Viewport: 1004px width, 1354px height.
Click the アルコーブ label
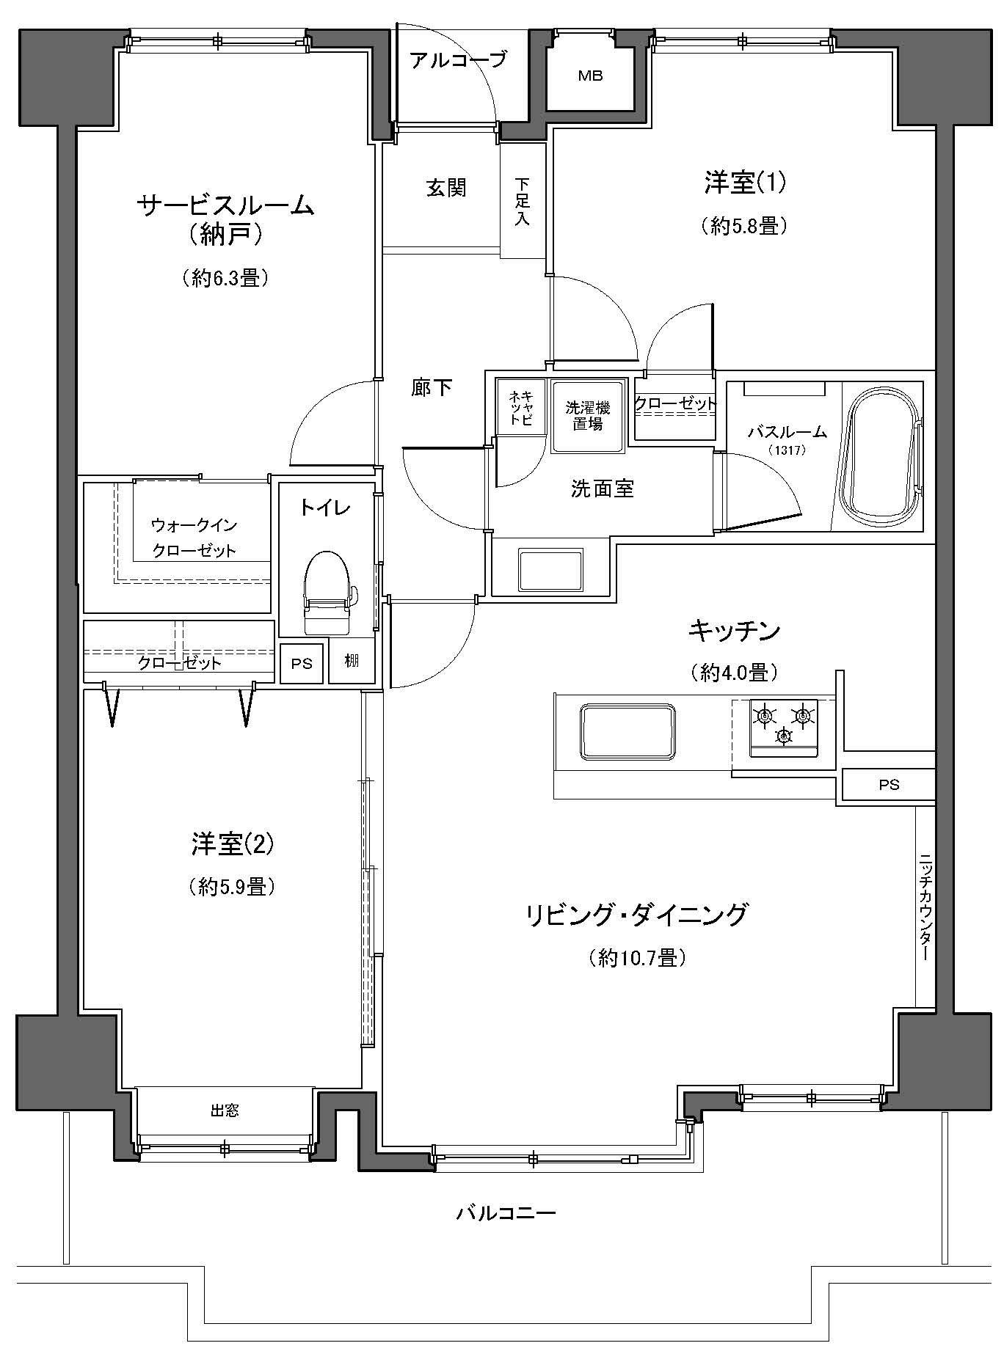458,59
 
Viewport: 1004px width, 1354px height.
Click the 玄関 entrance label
446,189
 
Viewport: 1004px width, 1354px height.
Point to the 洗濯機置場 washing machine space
587,415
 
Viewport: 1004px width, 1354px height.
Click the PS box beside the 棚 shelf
302,664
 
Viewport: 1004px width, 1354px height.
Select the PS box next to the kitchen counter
889,785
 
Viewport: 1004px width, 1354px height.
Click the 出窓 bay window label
225,1110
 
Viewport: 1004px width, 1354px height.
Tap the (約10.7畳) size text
637,958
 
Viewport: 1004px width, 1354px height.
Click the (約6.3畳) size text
222,277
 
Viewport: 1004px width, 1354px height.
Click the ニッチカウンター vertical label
925,907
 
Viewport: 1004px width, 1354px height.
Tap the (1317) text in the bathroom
787,450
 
